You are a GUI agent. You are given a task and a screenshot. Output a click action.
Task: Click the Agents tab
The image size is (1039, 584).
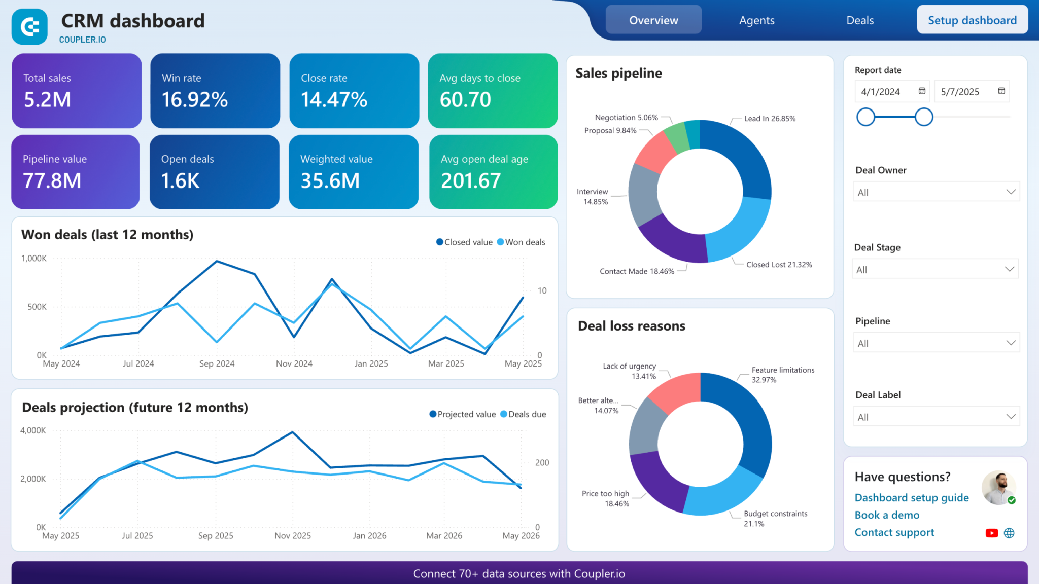coord(756,20)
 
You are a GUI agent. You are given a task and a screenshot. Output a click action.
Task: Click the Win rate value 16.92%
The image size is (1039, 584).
coord(195,100)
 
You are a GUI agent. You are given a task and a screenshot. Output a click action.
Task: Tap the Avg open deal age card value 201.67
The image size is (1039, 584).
coord(471,181)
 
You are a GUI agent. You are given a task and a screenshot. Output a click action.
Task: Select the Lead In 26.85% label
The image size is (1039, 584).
coord(770,119)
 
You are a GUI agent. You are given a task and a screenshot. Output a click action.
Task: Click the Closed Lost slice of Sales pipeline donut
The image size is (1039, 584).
coord(739,231)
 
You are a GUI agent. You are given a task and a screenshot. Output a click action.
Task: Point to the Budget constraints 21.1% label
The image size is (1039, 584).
coord(775,518)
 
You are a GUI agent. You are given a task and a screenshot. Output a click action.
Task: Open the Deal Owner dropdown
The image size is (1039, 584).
coord(936,192)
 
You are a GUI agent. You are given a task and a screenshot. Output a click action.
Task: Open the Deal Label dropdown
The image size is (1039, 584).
coord(936,417)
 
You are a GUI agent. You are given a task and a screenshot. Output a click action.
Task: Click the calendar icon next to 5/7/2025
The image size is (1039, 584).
coord(1001,91)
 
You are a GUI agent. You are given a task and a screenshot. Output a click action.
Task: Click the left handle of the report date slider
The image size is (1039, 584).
coord(865,117)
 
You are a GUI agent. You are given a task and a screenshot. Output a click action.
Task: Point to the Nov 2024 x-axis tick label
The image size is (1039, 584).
coord(294,363)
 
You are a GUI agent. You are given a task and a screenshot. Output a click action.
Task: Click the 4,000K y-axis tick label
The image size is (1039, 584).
coord(33,430)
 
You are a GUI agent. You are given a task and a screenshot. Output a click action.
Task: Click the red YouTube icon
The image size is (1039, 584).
coord(991,533)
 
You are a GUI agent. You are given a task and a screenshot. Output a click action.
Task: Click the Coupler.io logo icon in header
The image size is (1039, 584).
coord(30,27)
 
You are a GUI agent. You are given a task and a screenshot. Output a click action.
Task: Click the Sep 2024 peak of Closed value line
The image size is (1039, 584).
coord(217,261)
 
